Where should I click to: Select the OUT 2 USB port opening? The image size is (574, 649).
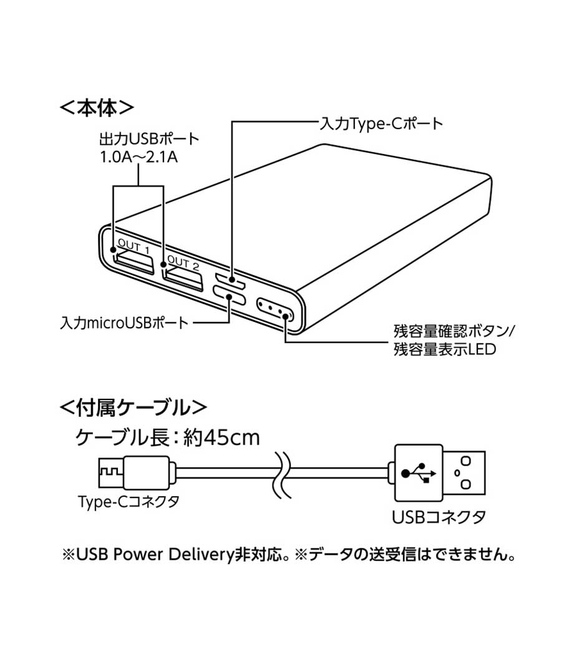click(x=183, y=276)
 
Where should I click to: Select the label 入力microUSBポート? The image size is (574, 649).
click(x=124, y=323)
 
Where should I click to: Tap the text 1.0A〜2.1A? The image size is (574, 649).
click(x=139, y=157)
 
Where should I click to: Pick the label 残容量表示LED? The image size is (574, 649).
click(x=444, y=349)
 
